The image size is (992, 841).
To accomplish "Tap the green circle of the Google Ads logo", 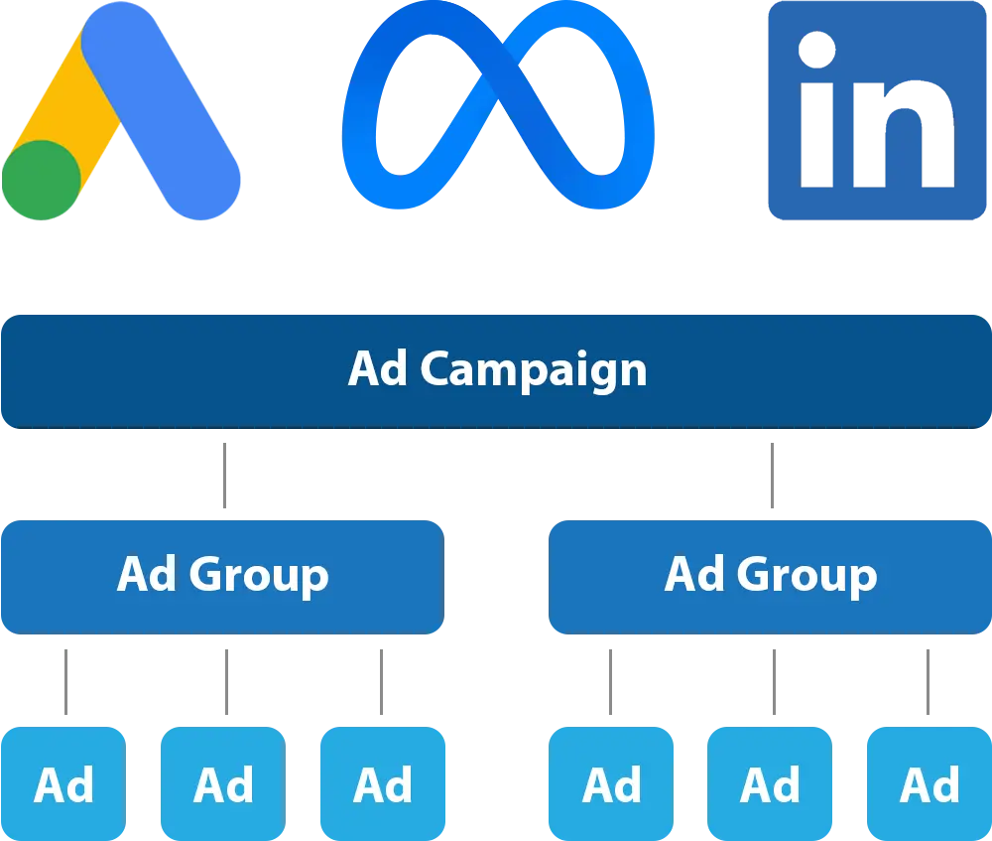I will pyautogui.click(x=41, y=180).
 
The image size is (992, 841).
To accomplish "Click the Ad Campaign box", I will pyautogui.click(x=496, y=370).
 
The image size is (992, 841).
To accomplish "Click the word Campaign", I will pyautogui.click(x=533, y=370).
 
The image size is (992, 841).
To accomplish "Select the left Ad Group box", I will pyautogui.click(x=222, y=576).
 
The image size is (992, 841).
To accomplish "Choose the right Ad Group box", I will pyautogui.click(x=770, y=576).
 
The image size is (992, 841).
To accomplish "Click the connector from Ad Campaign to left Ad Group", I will pyautogui.click(x=226, y=473).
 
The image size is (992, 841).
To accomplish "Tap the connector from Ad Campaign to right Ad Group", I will pyautogui.click(x=773, y=473).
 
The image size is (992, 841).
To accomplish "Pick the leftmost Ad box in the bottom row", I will pyautogui.click(x=64, y=784).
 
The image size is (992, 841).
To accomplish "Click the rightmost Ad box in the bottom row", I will pyautogui.click(x=930, y=784).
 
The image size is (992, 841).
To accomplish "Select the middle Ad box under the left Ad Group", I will pyautogui.click(x=223, y=784).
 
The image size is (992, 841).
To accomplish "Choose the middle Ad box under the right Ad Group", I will pyautogui.click(x=770, y=784).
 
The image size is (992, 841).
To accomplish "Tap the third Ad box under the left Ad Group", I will pyautogui.click(x=383, y=784).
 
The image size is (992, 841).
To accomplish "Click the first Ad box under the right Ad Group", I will pyautogui.click(x=611, y=784).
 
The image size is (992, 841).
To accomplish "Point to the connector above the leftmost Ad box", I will pyautogui.click(x=67, y=679).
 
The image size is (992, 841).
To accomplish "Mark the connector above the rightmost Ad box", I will pyautogui.click(x=929, y=679).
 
